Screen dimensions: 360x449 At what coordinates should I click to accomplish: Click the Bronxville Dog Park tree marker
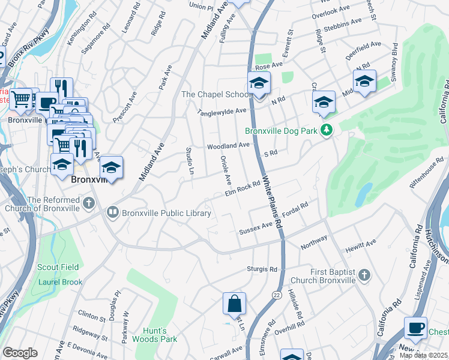(x=327, y=130)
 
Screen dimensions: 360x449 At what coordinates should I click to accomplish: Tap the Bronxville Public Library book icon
(x=112, y=212)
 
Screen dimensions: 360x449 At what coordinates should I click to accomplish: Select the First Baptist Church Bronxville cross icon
(x=363, y=275)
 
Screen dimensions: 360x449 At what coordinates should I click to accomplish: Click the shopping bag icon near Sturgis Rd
(x=234, y=304)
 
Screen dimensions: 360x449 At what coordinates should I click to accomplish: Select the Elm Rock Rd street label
(x=241, y=189)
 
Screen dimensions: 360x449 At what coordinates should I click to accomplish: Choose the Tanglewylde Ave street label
(x=223, y=112)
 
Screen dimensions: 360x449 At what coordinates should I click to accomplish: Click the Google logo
(x=20, y=352)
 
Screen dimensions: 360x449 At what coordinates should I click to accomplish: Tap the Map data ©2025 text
(x=423, y=355)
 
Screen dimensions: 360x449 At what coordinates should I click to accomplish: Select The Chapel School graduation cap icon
(x=259, y=83)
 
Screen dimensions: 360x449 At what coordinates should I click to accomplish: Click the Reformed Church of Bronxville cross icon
(x=89, y=202)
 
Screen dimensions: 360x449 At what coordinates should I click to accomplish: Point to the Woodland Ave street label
(x=228, y=146)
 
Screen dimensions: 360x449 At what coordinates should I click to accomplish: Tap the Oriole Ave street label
(x=227, y=171)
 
